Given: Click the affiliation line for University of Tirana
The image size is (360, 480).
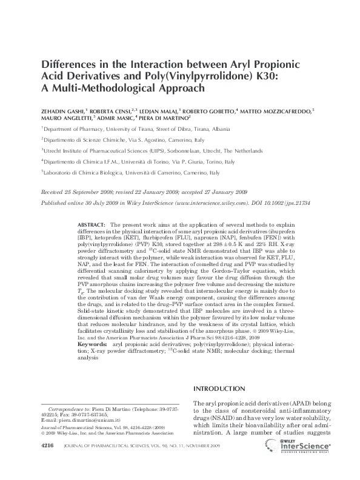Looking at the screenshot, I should coord(136,130).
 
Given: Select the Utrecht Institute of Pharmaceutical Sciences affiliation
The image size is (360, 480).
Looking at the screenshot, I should coord(152,150).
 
